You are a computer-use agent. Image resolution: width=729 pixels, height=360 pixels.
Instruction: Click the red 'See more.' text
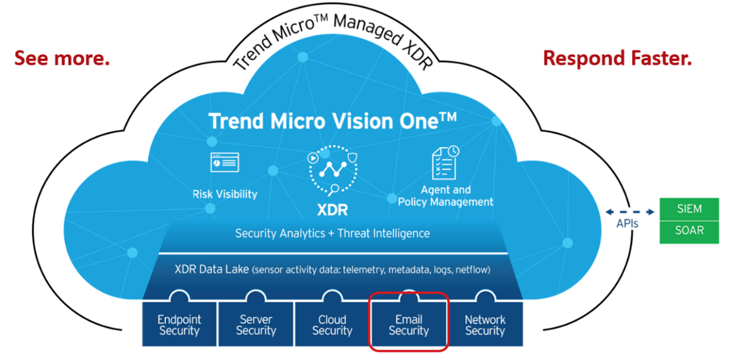pos(62,59)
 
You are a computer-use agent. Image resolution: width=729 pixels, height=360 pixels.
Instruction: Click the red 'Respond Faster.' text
pos(617,59)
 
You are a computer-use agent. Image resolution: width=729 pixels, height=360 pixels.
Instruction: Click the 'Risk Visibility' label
pos(224,193)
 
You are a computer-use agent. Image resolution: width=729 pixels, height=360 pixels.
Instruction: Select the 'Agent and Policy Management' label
pos(445,196)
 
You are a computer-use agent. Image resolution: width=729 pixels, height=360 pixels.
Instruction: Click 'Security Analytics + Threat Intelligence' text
pos(333,233)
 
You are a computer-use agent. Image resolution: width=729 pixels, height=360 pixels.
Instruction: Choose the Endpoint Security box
pos(180,325)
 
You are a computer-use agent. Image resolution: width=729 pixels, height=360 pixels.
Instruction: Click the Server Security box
pos(256,325)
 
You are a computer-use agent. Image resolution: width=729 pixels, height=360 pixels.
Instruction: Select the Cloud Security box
pos(332,325)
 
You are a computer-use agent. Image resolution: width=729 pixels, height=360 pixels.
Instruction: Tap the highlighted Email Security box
pos(409,325)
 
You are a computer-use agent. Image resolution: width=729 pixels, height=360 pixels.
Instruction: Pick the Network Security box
pos(485,325)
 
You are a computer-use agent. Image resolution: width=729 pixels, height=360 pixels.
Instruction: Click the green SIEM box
pos(688,209)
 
